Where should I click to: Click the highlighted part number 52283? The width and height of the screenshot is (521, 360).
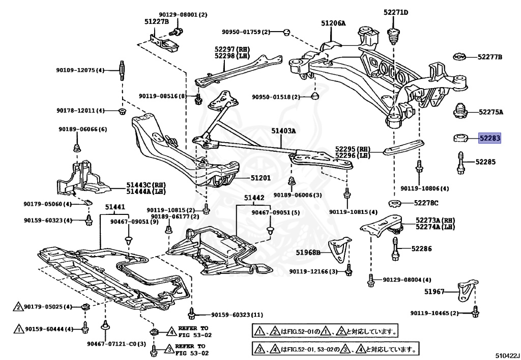pyautogui.click(x=489, y=138)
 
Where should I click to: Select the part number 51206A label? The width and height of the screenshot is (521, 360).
pyautogui.click(x=333, y=23)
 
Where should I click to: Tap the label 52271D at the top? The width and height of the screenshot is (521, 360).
pyautogui.click(x=395, y=12)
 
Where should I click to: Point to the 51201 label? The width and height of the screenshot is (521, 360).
pyautogui.click(x=260, y=178)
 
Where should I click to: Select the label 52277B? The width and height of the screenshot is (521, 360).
pyautogui.click(x=489, y=57)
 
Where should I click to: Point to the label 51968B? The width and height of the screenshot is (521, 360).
pyautogui.click(x=309, y=252)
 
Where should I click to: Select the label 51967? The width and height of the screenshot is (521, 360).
pyautogui.click(x=435, y=292)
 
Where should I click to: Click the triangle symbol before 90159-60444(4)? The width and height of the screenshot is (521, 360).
pyautogui.click(x=18, y=329)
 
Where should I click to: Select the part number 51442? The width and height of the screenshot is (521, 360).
pyautogui.click(x=253, y=198)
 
